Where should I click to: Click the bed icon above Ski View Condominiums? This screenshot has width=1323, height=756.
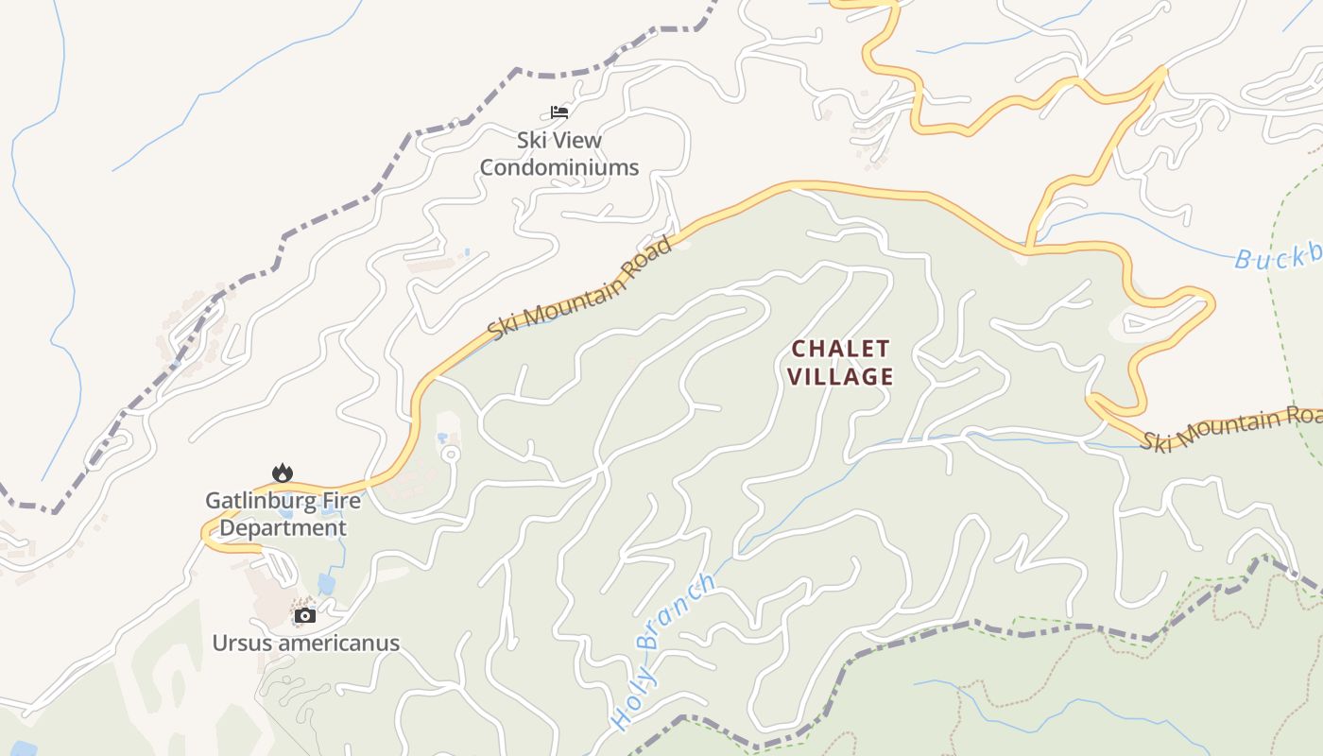559,112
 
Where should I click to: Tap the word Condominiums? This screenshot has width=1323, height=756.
559,167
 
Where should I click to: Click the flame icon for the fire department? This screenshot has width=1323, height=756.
281,472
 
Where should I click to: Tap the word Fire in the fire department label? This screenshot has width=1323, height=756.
342,500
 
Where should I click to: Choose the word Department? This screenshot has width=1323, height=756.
283,527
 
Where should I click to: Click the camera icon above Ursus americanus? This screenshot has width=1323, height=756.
304,615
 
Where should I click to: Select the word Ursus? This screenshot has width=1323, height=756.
241,644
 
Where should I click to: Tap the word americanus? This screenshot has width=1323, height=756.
337,644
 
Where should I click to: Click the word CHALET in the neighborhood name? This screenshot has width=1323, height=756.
840,349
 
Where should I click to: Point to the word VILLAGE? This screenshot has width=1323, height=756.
840,376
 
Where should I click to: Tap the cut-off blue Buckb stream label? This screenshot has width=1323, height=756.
1278,258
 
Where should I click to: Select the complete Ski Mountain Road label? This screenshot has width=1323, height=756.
580,288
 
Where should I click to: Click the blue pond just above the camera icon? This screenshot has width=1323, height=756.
327,584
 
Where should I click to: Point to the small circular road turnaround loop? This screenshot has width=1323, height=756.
451,455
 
